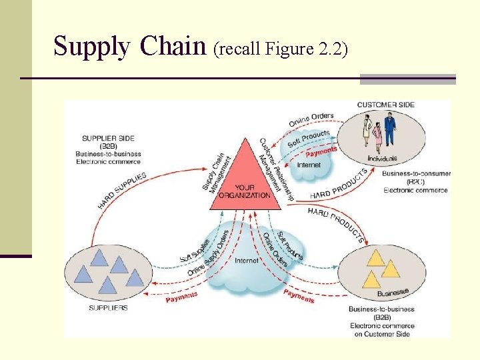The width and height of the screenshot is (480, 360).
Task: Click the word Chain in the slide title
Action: [174, 47]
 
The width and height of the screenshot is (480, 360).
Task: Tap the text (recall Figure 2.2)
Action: [279, 49]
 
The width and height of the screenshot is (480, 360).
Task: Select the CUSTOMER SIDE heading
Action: [386, 105]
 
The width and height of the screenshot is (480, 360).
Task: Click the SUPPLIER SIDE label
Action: [108, 139]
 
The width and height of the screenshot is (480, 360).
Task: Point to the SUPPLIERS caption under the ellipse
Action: [108, 308]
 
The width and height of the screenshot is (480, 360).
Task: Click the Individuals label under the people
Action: [382, 159]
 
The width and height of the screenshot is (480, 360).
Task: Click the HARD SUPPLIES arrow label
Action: [122, 190]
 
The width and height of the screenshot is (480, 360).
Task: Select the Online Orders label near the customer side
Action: [311, 120]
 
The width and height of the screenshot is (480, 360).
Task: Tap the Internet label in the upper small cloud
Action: [309, 165]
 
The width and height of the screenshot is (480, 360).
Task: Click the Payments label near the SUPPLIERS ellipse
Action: [181, 297]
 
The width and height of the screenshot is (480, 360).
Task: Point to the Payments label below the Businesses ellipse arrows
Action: [298, 295]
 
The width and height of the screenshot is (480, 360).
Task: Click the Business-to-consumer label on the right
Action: [416, 174]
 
